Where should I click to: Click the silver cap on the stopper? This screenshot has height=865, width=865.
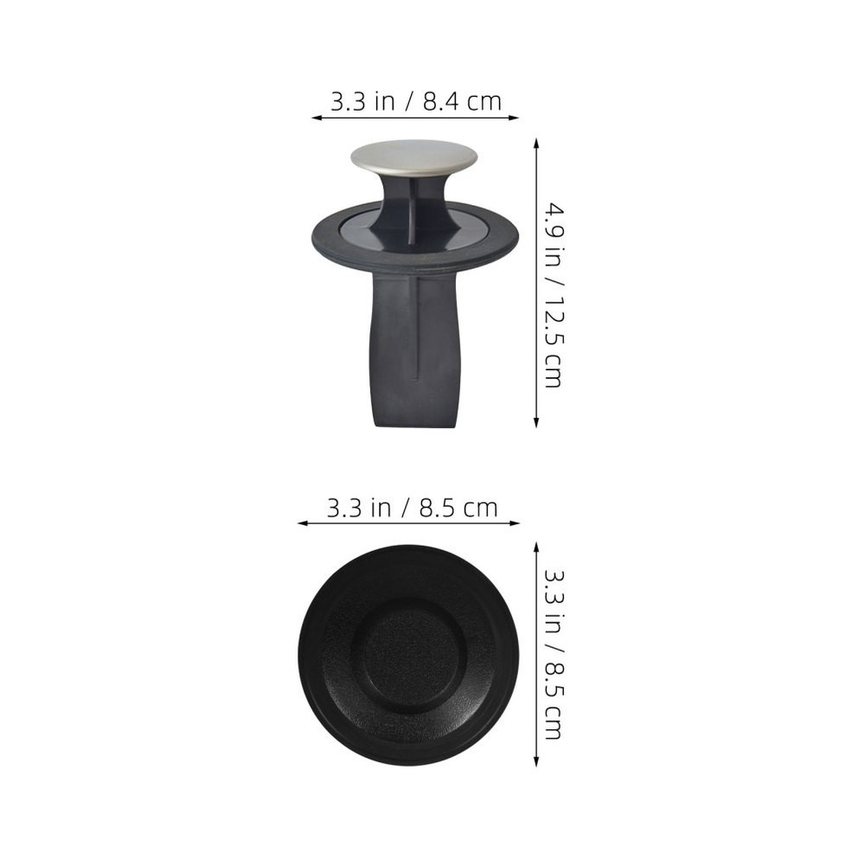[x=413, y=156]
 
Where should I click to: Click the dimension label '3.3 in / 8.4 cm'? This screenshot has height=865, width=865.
[x=415, y=101]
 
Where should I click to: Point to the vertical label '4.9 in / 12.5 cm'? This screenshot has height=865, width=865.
[x=553, y=294]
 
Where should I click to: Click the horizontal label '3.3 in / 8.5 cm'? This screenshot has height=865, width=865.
[x=412, y=508]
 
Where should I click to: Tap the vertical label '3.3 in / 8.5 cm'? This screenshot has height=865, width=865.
[x=553, y=653]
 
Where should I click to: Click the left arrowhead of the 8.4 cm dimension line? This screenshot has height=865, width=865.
[x=316, y=118]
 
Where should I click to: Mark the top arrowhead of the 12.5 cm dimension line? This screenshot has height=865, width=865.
[x=536, y=143]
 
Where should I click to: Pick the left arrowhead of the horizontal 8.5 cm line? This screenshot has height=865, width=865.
[x=302, y=523]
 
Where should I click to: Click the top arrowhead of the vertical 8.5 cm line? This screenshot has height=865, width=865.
[x=536, y=547]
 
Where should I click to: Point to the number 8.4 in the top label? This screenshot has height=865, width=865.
[x=442, y=101]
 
